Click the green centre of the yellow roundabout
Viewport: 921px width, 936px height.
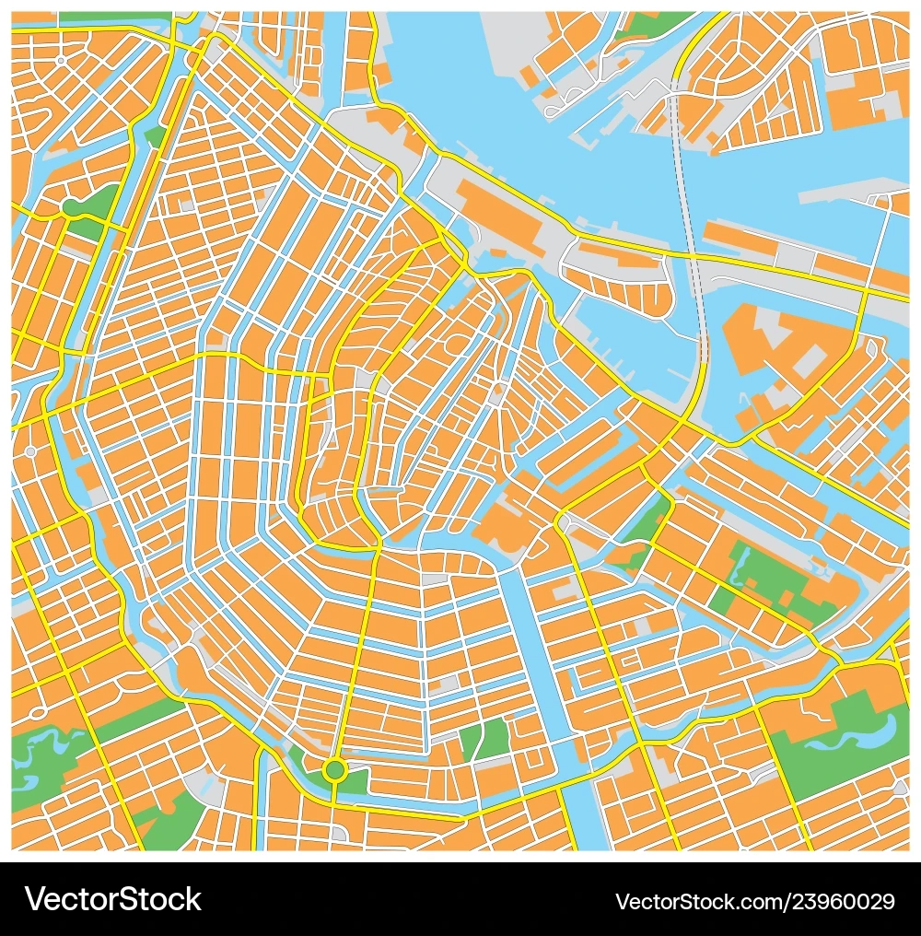334,768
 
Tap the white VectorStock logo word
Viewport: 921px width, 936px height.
113,899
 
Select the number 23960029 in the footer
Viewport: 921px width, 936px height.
846,900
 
